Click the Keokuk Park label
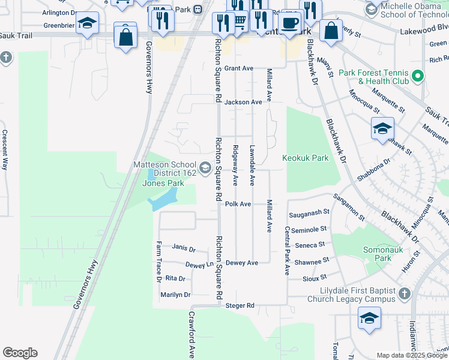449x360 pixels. [306, 158]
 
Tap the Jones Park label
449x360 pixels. [163, 183]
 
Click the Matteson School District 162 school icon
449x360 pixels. [205, 167]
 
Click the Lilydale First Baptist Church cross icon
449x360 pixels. [405, 293]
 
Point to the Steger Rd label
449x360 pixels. [240, 305]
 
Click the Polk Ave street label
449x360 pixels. [238, 204]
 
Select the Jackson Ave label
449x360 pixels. [243, 102]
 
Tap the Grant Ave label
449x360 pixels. [239, 68]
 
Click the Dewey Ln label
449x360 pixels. [199, 264]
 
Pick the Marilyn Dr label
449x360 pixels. [175, 295]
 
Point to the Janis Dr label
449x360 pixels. [184, 248]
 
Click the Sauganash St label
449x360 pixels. [310, 212]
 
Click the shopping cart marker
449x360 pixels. [240, 22]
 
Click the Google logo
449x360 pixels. [20, 353]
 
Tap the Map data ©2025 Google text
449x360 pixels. [411, 355]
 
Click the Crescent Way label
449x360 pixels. [4, 150]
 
